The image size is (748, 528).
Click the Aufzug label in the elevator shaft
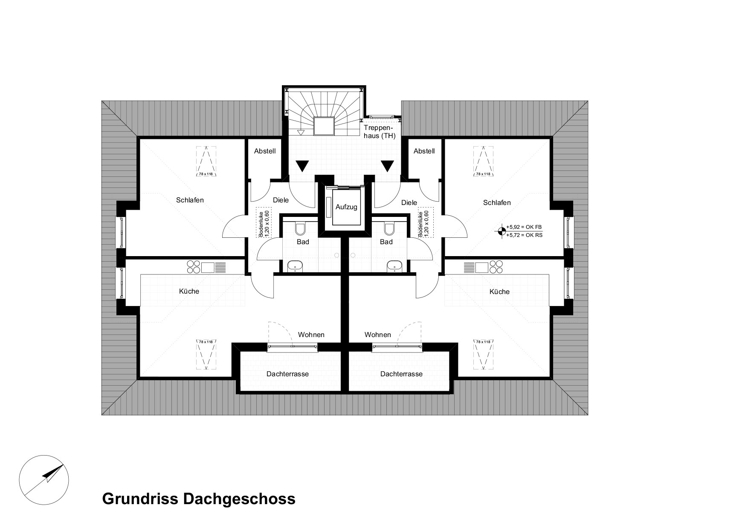coord(346,207)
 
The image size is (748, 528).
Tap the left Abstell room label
coord(265,151)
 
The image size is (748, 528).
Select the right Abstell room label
coord(424,151)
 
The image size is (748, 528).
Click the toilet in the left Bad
coord(301,229)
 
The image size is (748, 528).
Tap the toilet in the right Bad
coord(389,229)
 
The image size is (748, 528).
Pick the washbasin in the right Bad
coord(394,266)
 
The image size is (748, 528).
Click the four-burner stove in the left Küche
coord(194,267)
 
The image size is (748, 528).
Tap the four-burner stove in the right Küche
coord(496,267)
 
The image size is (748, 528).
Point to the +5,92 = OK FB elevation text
coord(524,227)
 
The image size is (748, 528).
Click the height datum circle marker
coord(501,231)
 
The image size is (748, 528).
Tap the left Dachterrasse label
coord(287,374)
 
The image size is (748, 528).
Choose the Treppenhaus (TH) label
coord(380,132)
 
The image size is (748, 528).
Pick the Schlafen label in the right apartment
coord(497,203)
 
